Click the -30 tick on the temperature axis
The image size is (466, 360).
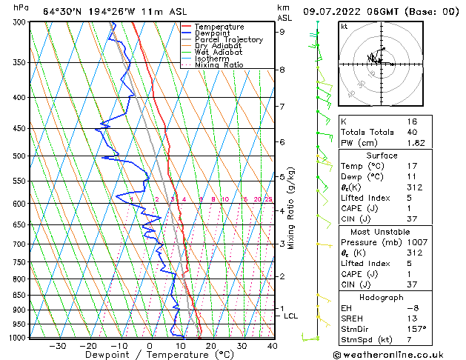tap(57, 346)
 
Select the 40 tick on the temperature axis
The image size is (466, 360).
tap(272, 346)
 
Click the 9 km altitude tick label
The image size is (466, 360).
tap(282, 32)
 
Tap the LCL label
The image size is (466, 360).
tap(291, 316)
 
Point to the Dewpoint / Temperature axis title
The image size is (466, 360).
tap(149, 356)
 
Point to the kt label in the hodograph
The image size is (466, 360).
tap(344, 27)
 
